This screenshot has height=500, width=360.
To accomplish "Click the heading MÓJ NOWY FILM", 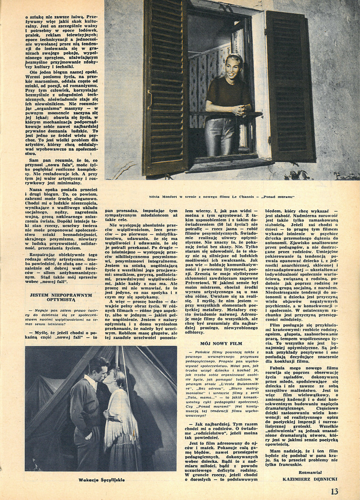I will point(221,343).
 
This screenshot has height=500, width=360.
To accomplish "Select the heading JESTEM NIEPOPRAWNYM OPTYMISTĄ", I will point(61,297).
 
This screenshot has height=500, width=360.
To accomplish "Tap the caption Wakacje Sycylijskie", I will point(102,479).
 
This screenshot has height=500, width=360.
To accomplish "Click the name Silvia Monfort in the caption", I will point(163,197).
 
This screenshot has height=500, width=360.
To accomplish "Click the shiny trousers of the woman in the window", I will point(227,135).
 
